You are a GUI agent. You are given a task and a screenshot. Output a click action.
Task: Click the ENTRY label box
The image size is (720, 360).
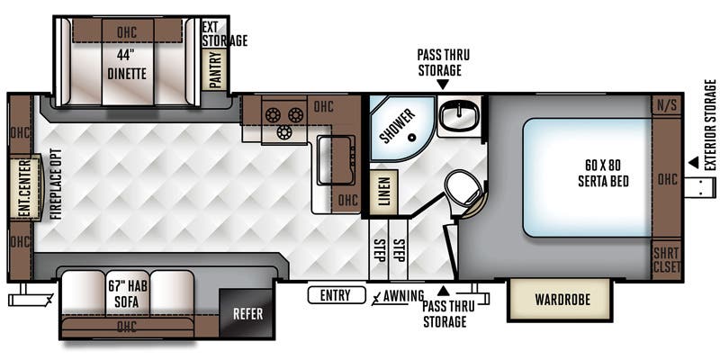click(x=337, y=295)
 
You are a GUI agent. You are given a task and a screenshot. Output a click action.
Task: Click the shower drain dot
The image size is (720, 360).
click(x=412, y=137)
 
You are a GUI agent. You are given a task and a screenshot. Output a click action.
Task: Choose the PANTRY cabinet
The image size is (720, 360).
click(x=214, y=69)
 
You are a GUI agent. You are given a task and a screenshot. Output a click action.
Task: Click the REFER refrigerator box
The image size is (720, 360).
click(x=247, y=314)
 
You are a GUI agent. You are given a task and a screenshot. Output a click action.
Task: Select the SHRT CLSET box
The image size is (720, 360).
click(x=666, y=259)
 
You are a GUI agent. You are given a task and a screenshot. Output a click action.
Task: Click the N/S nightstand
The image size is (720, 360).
click(x=667, y=106)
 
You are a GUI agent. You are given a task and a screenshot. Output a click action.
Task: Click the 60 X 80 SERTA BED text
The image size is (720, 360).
click(x=603, y=172)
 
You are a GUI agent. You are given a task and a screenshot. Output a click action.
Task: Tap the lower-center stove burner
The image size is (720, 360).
click(x=284, y=132)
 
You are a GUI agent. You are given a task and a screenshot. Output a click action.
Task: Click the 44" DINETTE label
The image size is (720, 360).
click(x=127, y=64)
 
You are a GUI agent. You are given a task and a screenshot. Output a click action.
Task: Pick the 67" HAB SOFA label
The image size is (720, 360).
click(x=127, y=294)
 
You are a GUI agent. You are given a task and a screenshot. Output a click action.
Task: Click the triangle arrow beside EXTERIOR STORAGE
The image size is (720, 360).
click(x=693, y=163)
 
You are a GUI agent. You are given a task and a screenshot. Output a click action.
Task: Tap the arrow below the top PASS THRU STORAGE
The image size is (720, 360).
click(x=443, y=84)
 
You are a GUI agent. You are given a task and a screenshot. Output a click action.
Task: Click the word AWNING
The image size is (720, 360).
click(x=403, y=296)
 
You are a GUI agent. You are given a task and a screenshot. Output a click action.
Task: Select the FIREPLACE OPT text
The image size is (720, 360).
click(x=56, y=184)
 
